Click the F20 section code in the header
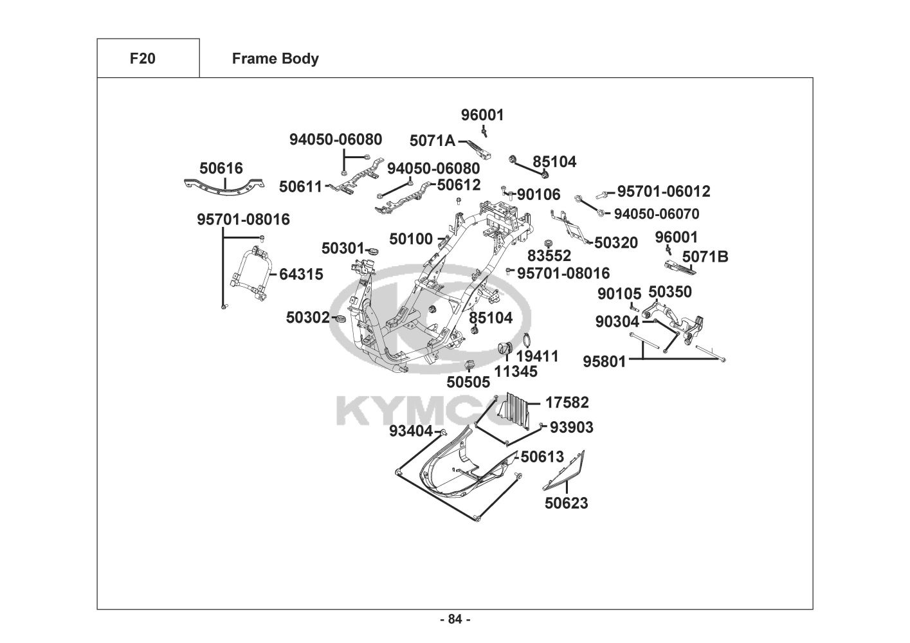[x=142, y=59]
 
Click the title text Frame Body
[x=275, y=59]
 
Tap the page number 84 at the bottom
[x=455, y=619]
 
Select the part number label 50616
[x=221, y=168]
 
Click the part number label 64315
[x=301, y=275]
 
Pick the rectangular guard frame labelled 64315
[x=251, y=273]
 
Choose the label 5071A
[x=432, y=141]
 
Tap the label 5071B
[x=705, y=257]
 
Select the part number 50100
[x=411, y=239]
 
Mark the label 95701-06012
[x=664, y=192]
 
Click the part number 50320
[x=616, y=242]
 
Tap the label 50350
[x=670, y=292]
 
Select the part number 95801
[x=605, y=361]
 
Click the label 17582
[x=567, y=403]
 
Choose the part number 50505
[x=469, y=382]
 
